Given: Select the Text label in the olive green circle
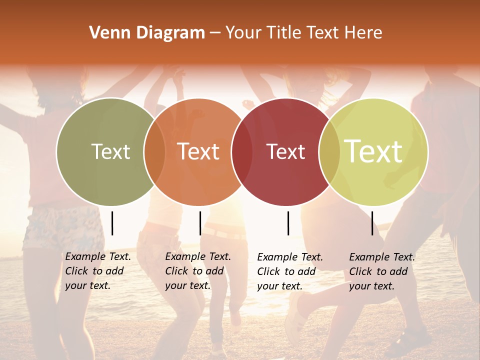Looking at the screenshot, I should [x=110, y=151].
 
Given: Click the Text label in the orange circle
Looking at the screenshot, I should [x=198, y=151].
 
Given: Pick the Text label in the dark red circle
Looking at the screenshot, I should [x=286, y=151].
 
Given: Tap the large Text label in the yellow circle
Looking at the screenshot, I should [x=373, y=151].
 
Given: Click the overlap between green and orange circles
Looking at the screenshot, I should [x=154, y=151].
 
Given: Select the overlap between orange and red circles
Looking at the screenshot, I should [x=242, y=151].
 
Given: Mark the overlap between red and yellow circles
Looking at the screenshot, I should [x=329, y=151].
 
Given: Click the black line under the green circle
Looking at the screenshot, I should [x=112, y=223].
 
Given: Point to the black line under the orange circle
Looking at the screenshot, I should [x=200, y=223].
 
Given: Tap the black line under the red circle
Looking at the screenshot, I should [x=288, y=223].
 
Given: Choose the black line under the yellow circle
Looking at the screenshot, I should [x=372, y=223].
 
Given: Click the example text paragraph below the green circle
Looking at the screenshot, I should [x=97, y=271].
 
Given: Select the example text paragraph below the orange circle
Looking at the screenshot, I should [x=197, y=271].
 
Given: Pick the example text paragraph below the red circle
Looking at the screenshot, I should [x=289, y=271].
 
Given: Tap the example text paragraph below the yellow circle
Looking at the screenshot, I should [x=381, y=271].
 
